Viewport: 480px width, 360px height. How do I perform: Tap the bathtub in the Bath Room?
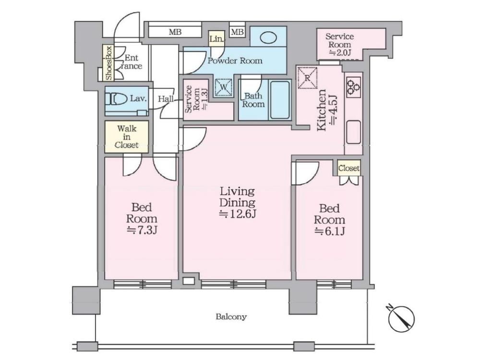pyautogui.click(x=280, y=99)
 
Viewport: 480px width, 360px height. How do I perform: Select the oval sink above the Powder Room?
pyautogui.click(x=268, y=37)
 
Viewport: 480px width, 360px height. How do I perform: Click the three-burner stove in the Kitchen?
pyautogui.click(x=353, y=86)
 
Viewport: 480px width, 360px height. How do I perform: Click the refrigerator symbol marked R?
pyautogui.click(x=307, y=78)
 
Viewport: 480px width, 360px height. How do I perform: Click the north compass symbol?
pyautogui.click(x=401, y=317)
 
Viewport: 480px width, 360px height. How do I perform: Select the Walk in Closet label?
pyautogui.click(x=127, y=136)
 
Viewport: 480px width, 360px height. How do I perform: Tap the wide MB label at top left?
pyautogui.click(x=175, y=32)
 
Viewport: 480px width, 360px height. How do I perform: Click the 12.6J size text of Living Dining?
pyautogui.click(x=238, y=214)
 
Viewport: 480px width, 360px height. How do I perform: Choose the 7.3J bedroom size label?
pyautogui.click(x=142, y=229)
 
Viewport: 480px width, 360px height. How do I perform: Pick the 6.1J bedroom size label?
pyautogui.click(x=330, y=231)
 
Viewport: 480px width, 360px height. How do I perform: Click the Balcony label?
pyautogui.click(x=231, y=316)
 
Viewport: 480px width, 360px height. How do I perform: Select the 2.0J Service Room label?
pyautogui.click(x=340, y=53)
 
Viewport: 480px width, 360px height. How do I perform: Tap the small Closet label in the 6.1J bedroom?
pyautogui.click(x=349, y=168)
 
